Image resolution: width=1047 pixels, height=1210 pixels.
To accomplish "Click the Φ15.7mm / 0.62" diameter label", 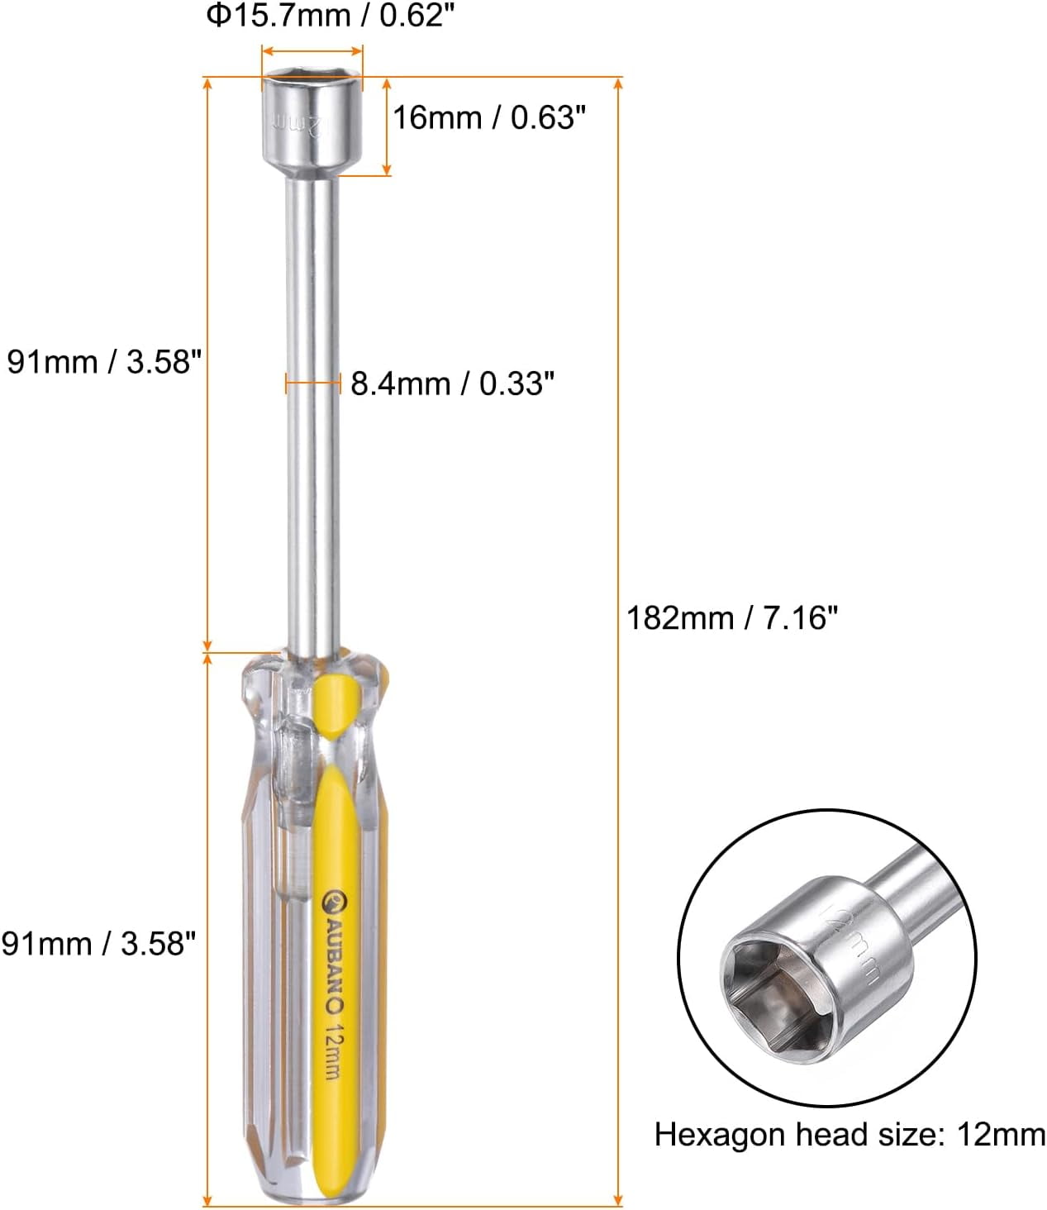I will tap(331, 16).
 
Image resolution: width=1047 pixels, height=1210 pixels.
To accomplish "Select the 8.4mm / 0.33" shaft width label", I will tap(452, 383).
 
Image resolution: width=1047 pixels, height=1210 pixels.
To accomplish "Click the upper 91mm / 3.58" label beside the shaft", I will tap(104, 362).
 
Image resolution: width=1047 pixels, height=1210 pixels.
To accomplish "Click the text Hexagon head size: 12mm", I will tap(849, 1135).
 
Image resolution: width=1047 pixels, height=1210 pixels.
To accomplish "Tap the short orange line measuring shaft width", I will tap(313, 383).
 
